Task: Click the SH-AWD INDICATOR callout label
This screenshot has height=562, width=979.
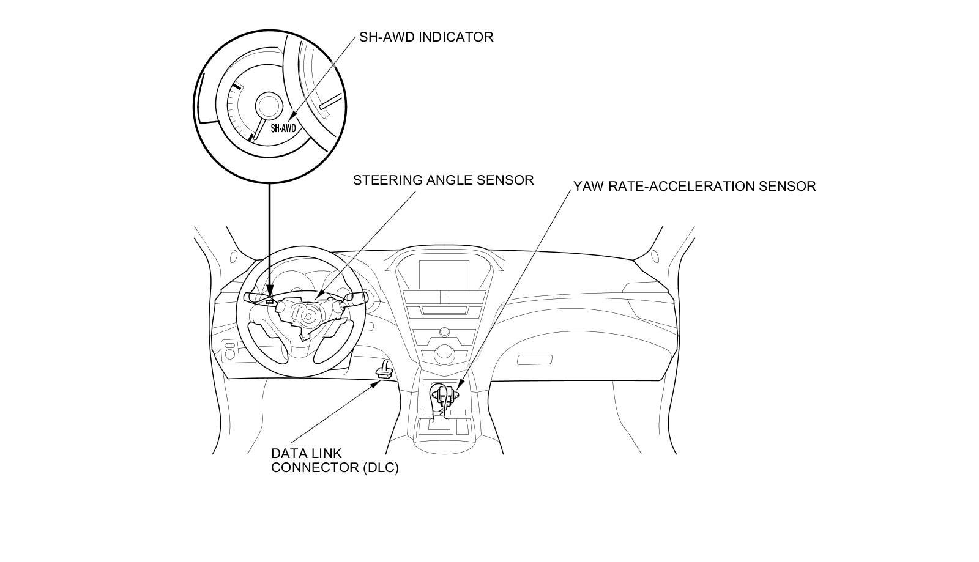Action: (426, 37)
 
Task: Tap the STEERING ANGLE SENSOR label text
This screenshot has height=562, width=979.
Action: (443, 180)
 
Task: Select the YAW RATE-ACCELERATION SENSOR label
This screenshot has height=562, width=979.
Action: (694, 186)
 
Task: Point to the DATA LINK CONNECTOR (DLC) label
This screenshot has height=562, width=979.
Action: (335, 460)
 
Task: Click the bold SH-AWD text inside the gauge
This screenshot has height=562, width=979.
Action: (283, 128)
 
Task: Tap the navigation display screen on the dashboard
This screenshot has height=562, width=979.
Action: (444, 273)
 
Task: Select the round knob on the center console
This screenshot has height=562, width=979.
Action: (443, 353)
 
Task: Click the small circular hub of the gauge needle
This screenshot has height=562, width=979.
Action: (267, 105)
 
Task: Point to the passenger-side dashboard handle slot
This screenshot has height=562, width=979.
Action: (534, 360)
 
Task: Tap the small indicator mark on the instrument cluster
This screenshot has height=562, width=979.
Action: (269, 301)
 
